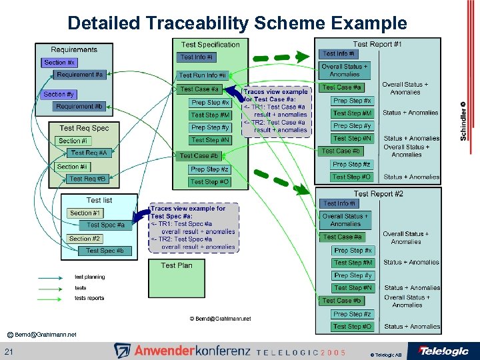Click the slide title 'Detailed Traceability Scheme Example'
click(x=237, y=23)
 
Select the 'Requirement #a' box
click(x=79, y=75)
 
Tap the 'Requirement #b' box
click(x=79, y=107)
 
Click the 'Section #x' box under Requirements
click(x=59, y=62)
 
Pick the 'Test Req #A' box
click(x=88, y=153)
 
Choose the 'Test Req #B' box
click(x=87, y=179)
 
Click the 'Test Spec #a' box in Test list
click(x=105, y=225)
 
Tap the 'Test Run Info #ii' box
click(x=203, y=75)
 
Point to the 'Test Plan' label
click(x=177, y=265)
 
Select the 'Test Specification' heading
click(x=210, y=45)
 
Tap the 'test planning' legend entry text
click(x=89, y=277)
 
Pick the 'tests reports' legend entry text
click(x=89, y=298)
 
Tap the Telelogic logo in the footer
click(x=443, y=351)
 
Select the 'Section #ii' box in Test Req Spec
click(x=72, y=167)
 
